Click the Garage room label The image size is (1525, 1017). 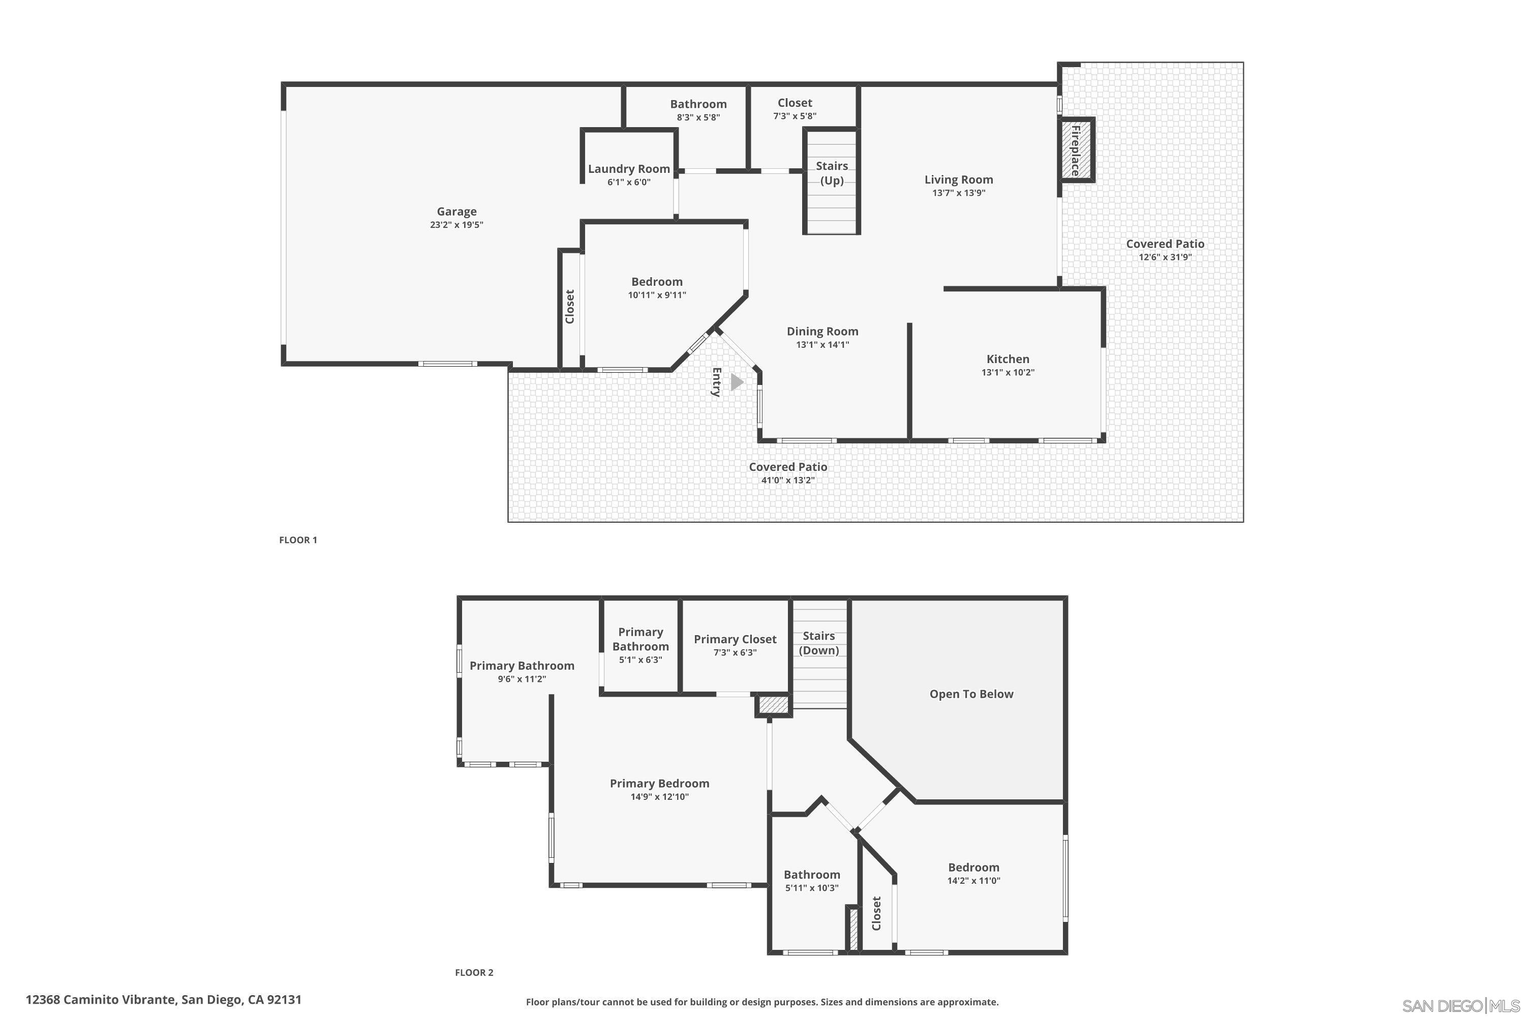click(x=456, y=212)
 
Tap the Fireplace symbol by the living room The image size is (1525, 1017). click(x=1076, y=151)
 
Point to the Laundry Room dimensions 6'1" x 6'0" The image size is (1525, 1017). click(x=628, y=182)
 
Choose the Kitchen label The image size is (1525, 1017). click(x=1008, y=358)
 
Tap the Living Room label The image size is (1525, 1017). click(x=958, y=180)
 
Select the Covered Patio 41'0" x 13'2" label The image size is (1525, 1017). click(x=788, y=467)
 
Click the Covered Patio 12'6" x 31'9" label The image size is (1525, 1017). click(x=1165, y=244)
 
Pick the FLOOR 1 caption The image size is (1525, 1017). click(x=297, y=540)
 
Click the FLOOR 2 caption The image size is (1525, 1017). click(x=474, y=972)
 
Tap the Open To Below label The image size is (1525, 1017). click(x=970, y=694)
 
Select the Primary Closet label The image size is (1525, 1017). click(x=735, y=639)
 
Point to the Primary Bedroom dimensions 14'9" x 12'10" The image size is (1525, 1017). click(x=659, y=796)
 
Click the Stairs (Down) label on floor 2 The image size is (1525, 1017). click(x=818, y=643)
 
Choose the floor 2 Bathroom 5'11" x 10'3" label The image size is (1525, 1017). click(x=812, y=874)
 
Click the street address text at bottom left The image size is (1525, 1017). click(x=163, y=1000)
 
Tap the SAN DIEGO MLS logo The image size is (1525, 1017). click(x=1461, y=1005)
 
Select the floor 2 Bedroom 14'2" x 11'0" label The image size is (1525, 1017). click(x=973, y=867)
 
